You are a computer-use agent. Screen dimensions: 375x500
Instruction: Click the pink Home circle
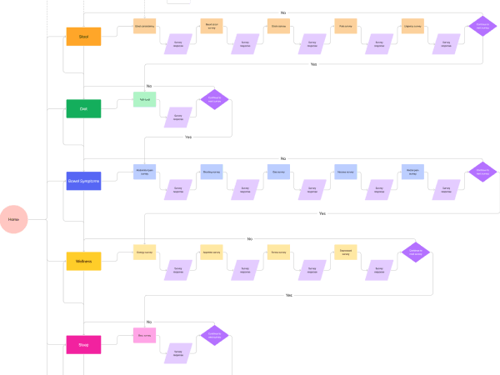(x=14, y=219)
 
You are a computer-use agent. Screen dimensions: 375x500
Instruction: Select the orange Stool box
(x=83, y=36)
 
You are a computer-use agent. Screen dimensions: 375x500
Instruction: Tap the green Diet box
(x=83, y=108)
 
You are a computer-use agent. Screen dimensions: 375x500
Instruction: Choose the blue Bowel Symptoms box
(x=83, y=181)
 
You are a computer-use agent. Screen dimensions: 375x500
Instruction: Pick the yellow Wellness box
(x=83, y=261)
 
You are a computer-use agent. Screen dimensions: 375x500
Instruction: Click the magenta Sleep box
(x=83, y=344)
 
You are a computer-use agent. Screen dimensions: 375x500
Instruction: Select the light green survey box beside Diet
(x=145, y=99)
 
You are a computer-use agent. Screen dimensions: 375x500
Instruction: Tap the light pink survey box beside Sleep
(x=145, y=336)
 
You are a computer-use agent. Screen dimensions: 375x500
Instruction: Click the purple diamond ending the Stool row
(x=482, y=27)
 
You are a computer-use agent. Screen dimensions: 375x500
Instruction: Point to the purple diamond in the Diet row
(x=214, y=99)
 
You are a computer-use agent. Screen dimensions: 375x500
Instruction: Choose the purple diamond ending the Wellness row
(x=415, y=252)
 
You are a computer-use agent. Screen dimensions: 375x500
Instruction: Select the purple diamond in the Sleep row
(x=214, y=336)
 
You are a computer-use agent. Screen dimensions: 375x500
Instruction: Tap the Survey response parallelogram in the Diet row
(x=177, y=117)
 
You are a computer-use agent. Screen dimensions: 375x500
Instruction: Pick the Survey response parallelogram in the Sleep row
(x=177, y=353)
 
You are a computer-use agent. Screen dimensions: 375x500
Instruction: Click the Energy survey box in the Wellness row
(x=145, y=252)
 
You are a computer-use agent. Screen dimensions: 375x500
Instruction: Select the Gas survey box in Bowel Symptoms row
(x=278, y=172)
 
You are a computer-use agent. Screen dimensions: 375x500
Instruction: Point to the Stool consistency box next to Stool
(x=145, y=27)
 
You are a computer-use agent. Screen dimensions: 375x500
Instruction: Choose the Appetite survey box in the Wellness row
(x=212, y=252)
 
